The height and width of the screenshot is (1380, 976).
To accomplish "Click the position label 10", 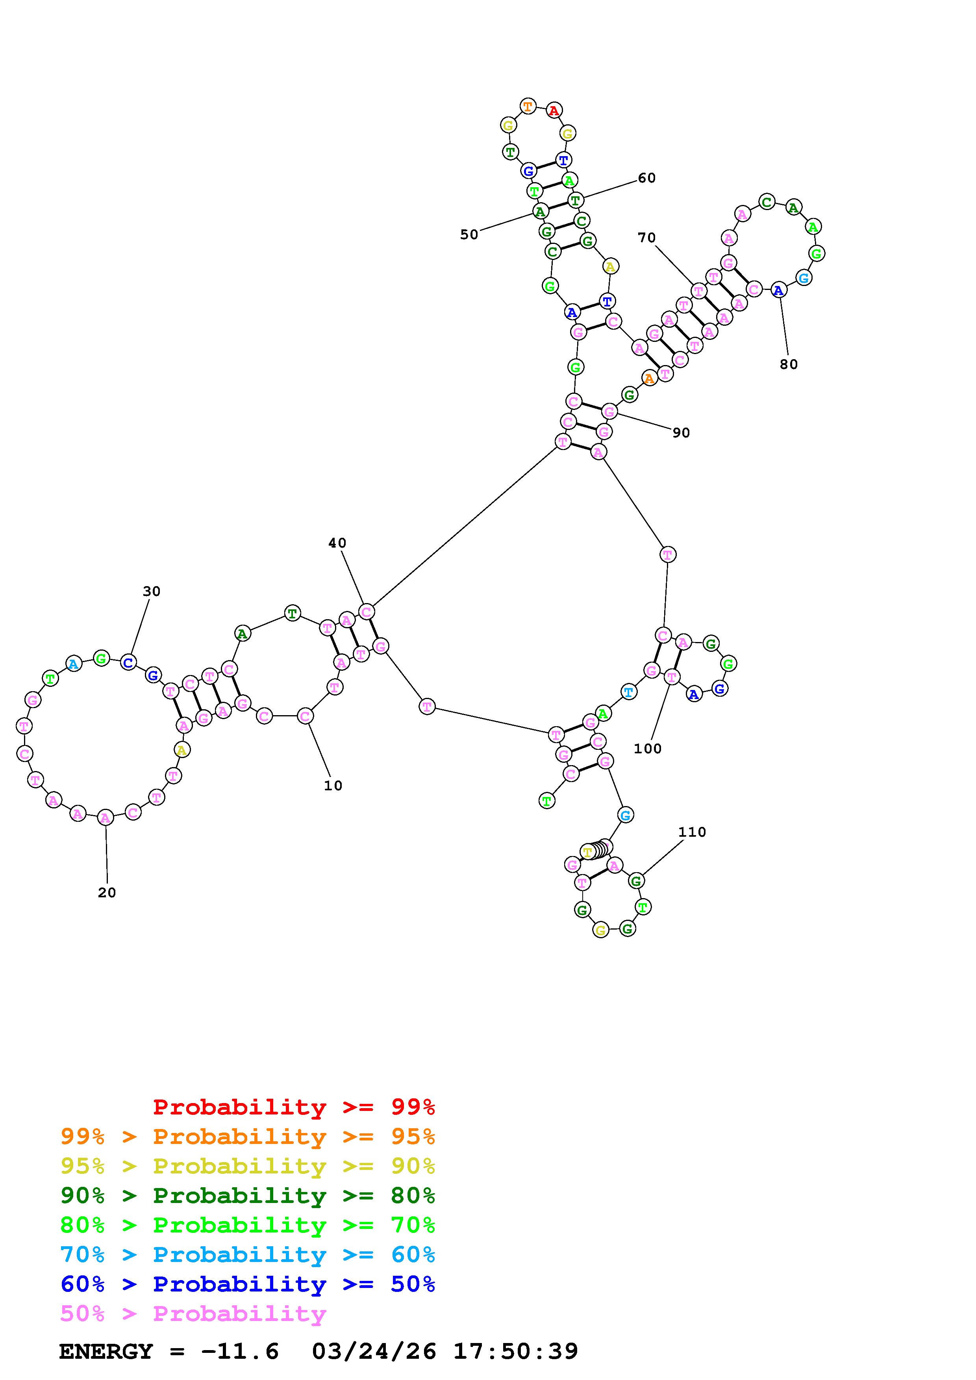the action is pyautogui.click(x=333, y=786).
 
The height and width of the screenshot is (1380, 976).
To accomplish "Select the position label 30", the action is pyautogui.click(x=152, y=591).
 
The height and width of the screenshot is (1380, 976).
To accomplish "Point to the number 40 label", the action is pyautogui.click(x=337, y=543).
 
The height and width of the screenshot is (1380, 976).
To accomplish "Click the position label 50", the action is pyautogui.click(x=469, y=235).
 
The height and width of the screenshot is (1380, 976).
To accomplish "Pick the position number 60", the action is pyautogui.click(x=646, y=178).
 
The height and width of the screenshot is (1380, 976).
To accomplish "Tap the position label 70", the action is pyautogui.click(x=646, y=238).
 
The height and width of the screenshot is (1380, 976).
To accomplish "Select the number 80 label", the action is pyautogui.click(x=788, y=364).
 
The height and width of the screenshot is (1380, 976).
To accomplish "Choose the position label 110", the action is pyautogui.click(x=692, y=832).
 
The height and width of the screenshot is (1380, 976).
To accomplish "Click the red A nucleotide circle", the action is pyautogui.click(x=554, y=111).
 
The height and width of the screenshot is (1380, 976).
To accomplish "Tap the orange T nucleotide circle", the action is pyautogui.click(x=528, y=107).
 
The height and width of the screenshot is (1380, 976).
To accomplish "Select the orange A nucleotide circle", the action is pyautogui.click(x=649, y=379).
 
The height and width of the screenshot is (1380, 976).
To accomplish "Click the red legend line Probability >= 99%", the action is pyautogui.click(x=294, y=1107).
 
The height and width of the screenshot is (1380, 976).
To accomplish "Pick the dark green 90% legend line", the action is pyautogui.click(x=248, y=1196).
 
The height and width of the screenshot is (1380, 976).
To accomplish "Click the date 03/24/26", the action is pyautogui.click(x=374, y=1352).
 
